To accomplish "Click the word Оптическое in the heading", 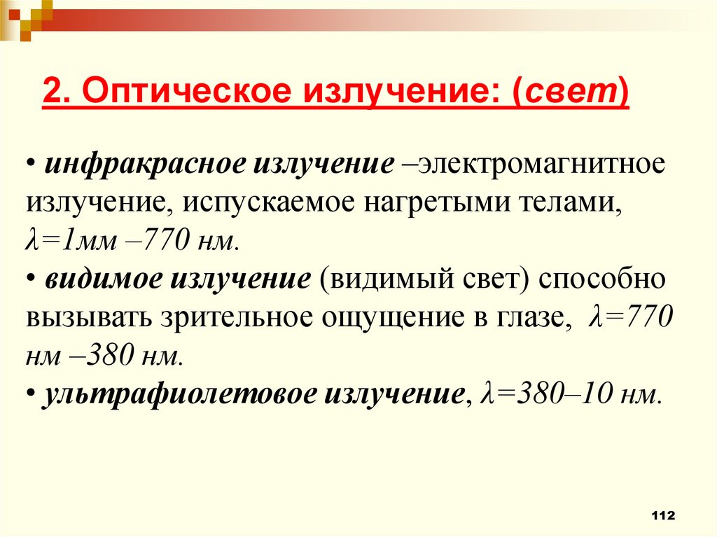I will pyautogui.click(x=177, y=92).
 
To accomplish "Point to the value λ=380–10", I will pyautogui.click(x=546, y=393).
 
